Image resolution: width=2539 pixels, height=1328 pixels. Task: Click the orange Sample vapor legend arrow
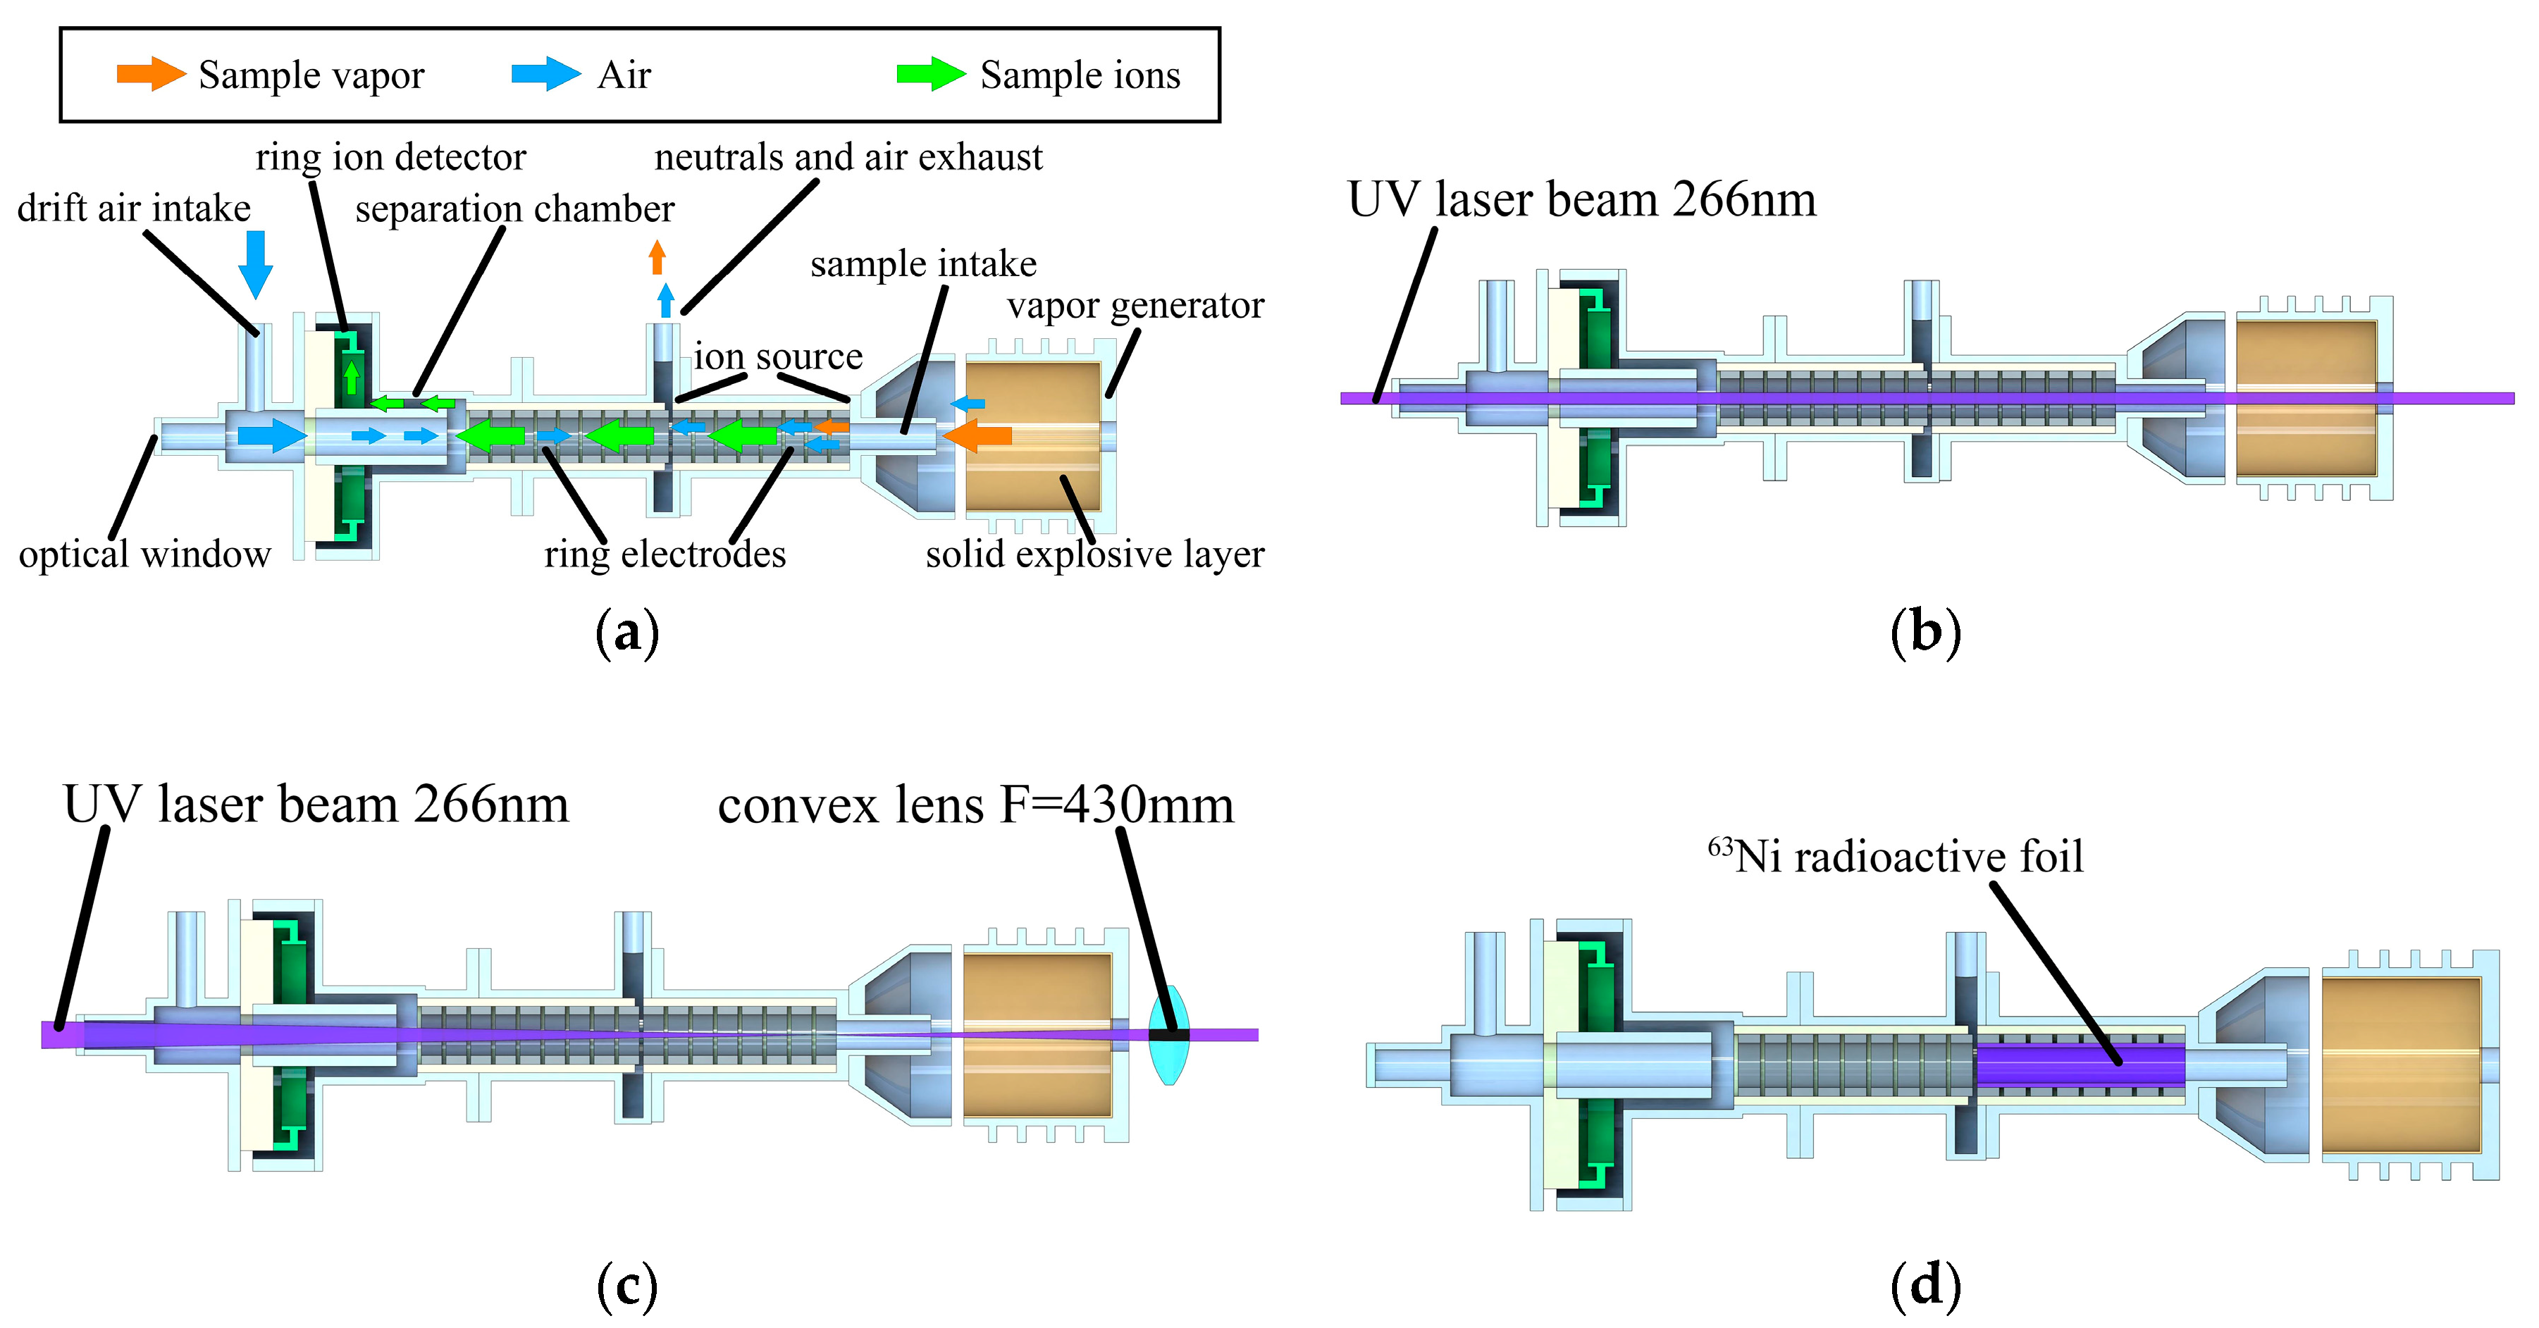click(150, 74)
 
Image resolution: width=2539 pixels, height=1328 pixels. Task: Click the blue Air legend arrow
click(545, 74)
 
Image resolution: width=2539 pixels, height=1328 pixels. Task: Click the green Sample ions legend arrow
click(930, 74)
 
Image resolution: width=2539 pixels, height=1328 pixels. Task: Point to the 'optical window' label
click(145, 554)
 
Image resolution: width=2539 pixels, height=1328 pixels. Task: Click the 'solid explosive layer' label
click(1094, 554)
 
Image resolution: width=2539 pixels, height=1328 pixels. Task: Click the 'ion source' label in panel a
click(778, 356)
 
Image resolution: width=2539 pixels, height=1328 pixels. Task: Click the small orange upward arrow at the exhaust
click(657, 257)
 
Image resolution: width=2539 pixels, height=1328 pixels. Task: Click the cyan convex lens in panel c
click(1169, 1034)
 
